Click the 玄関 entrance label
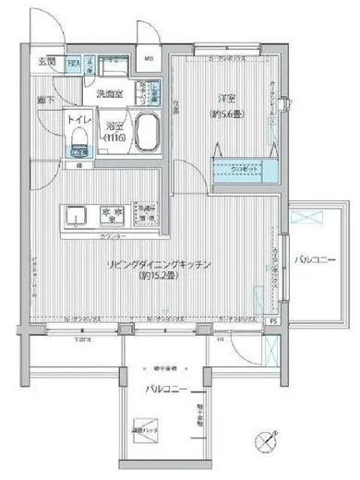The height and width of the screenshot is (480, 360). tap(46, 62)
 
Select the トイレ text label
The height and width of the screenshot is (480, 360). tap(78, 119)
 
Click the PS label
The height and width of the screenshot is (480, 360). tap(272, 321)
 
